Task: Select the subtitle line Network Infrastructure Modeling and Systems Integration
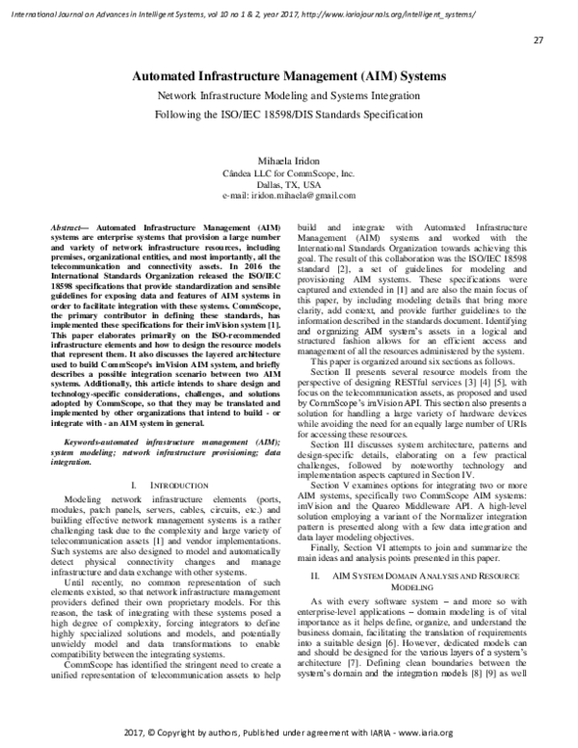(x=288, y=98)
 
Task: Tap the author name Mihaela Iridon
(x=288, y=152)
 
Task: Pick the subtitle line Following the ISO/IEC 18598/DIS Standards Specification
(x=288, y=115)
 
